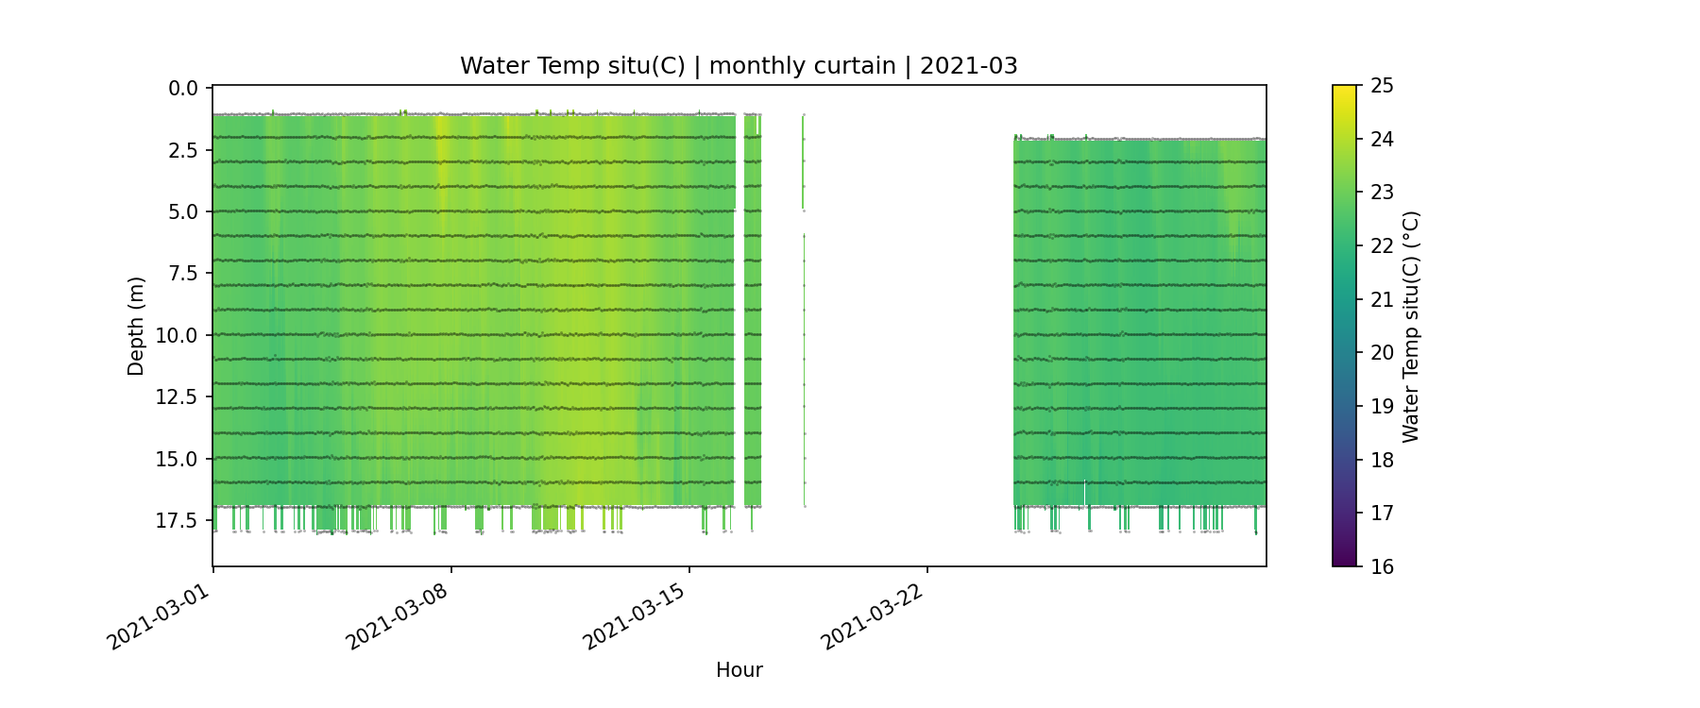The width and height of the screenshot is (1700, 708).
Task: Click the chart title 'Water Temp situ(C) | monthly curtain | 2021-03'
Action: (739, 66)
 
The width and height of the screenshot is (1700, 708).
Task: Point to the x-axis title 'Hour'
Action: (739, 670)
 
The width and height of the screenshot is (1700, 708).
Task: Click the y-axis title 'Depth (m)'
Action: (136, 327)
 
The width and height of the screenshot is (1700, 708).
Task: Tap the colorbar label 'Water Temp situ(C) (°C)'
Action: (1411, 327)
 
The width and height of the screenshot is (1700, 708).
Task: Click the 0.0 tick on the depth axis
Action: (183, 89)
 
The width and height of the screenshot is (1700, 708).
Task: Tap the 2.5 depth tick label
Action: (183, 150)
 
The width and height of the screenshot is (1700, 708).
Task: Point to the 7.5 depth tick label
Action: (183, 274)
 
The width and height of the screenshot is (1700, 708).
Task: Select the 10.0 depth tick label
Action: (178, 335)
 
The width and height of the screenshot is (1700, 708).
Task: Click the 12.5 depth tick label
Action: (178, 397)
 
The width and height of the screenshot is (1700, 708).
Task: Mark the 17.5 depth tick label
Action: (178, 521)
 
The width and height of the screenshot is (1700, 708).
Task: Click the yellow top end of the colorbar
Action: (1344, 90)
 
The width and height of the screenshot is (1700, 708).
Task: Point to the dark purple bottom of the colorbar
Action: (1344, 562)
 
